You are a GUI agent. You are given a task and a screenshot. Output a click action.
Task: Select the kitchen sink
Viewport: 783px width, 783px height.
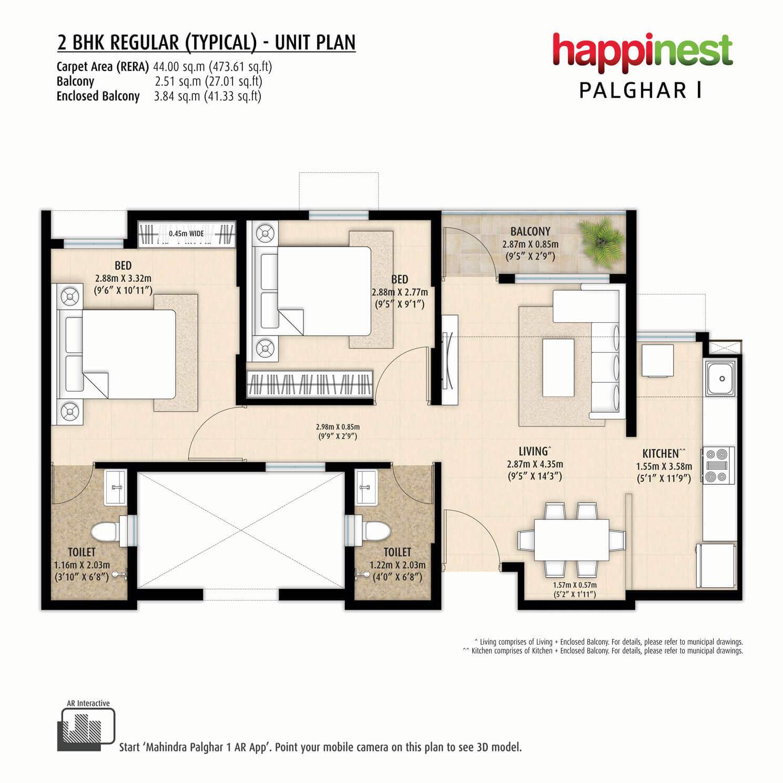click(x=720, y=378)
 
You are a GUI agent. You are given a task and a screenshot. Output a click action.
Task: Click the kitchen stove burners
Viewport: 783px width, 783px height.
click(x=717, y=465)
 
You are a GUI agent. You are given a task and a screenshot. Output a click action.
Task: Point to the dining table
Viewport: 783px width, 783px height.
click(x=572, y=540)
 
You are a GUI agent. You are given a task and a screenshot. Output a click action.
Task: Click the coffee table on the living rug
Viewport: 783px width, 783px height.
click(x=558, y=368)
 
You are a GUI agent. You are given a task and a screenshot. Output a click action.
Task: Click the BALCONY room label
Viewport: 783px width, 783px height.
click(x=530, y=231)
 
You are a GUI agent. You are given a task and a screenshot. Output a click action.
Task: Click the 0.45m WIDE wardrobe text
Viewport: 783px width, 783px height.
click(x=186, y=233)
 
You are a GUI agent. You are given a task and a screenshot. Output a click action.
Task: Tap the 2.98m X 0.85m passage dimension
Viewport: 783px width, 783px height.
click(x=338, y=427)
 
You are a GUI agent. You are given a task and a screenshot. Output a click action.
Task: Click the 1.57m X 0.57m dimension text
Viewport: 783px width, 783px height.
click(x=575, y=585)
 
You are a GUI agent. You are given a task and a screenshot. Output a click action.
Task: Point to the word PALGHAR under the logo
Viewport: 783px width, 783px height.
click(x=633, y=90)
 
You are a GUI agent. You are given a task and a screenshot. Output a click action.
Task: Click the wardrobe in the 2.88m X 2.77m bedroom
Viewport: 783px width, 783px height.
click(x=310, y=384)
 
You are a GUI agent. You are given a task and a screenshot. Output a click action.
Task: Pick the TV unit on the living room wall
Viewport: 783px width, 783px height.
click(x=449, y=360)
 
